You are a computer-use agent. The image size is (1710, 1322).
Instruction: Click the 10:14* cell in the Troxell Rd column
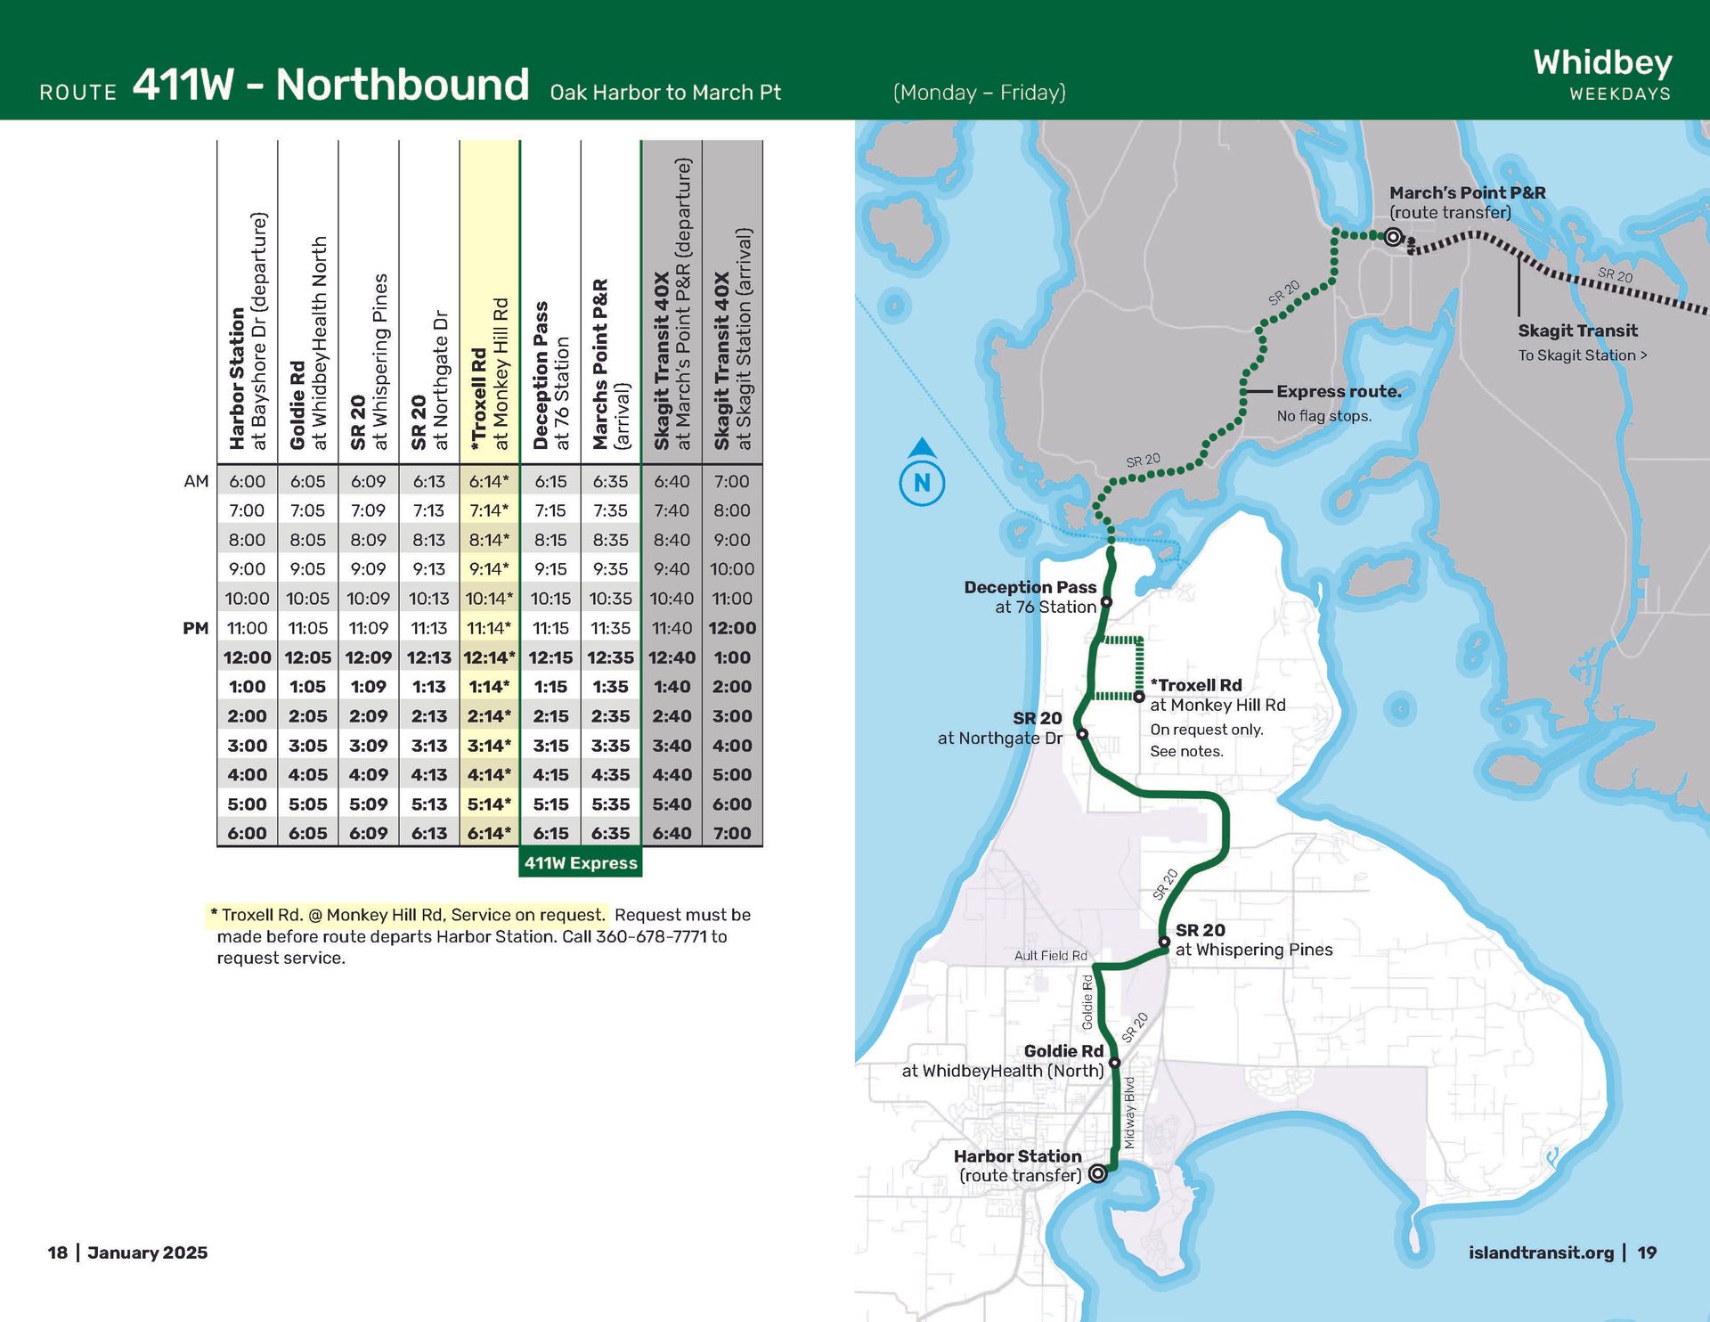pos(489,599)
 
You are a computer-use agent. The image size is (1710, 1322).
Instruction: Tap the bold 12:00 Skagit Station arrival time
pos(732,628)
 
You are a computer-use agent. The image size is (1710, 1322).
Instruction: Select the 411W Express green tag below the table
pos(581,862)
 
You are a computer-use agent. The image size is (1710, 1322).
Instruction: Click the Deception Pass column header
pos(550,374)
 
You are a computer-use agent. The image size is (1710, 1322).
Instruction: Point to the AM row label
pos(196,481)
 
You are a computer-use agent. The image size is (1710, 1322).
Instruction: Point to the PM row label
pos(196,628)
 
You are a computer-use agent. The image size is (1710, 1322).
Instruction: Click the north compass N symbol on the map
pos(922,483)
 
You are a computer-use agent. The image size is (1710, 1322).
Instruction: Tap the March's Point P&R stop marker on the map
pos(1394,237)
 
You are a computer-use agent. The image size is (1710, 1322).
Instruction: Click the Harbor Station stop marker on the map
pos(1098,1173)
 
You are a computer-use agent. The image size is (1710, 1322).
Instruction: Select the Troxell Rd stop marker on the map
pos(1139,697)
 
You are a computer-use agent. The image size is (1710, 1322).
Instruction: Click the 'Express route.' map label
pos(1339,391)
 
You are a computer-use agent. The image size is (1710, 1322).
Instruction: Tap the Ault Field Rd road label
pos(1050,955)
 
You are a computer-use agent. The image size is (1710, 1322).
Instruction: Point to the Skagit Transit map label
pos(1577,330)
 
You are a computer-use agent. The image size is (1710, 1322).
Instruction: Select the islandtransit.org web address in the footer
pos(1541,1253)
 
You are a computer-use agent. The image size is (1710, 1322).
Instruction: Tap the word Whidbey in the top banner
pos(1602,62)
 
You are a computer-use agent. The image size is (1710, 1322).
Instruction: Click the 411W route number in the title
pos(183,85)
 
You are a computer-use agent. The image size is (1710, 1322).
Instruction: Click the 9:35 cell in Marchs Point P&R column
pos(610,569)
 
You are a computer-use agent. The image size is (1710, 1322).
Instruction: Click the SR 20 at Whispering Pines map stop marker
pos(1164,942)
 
